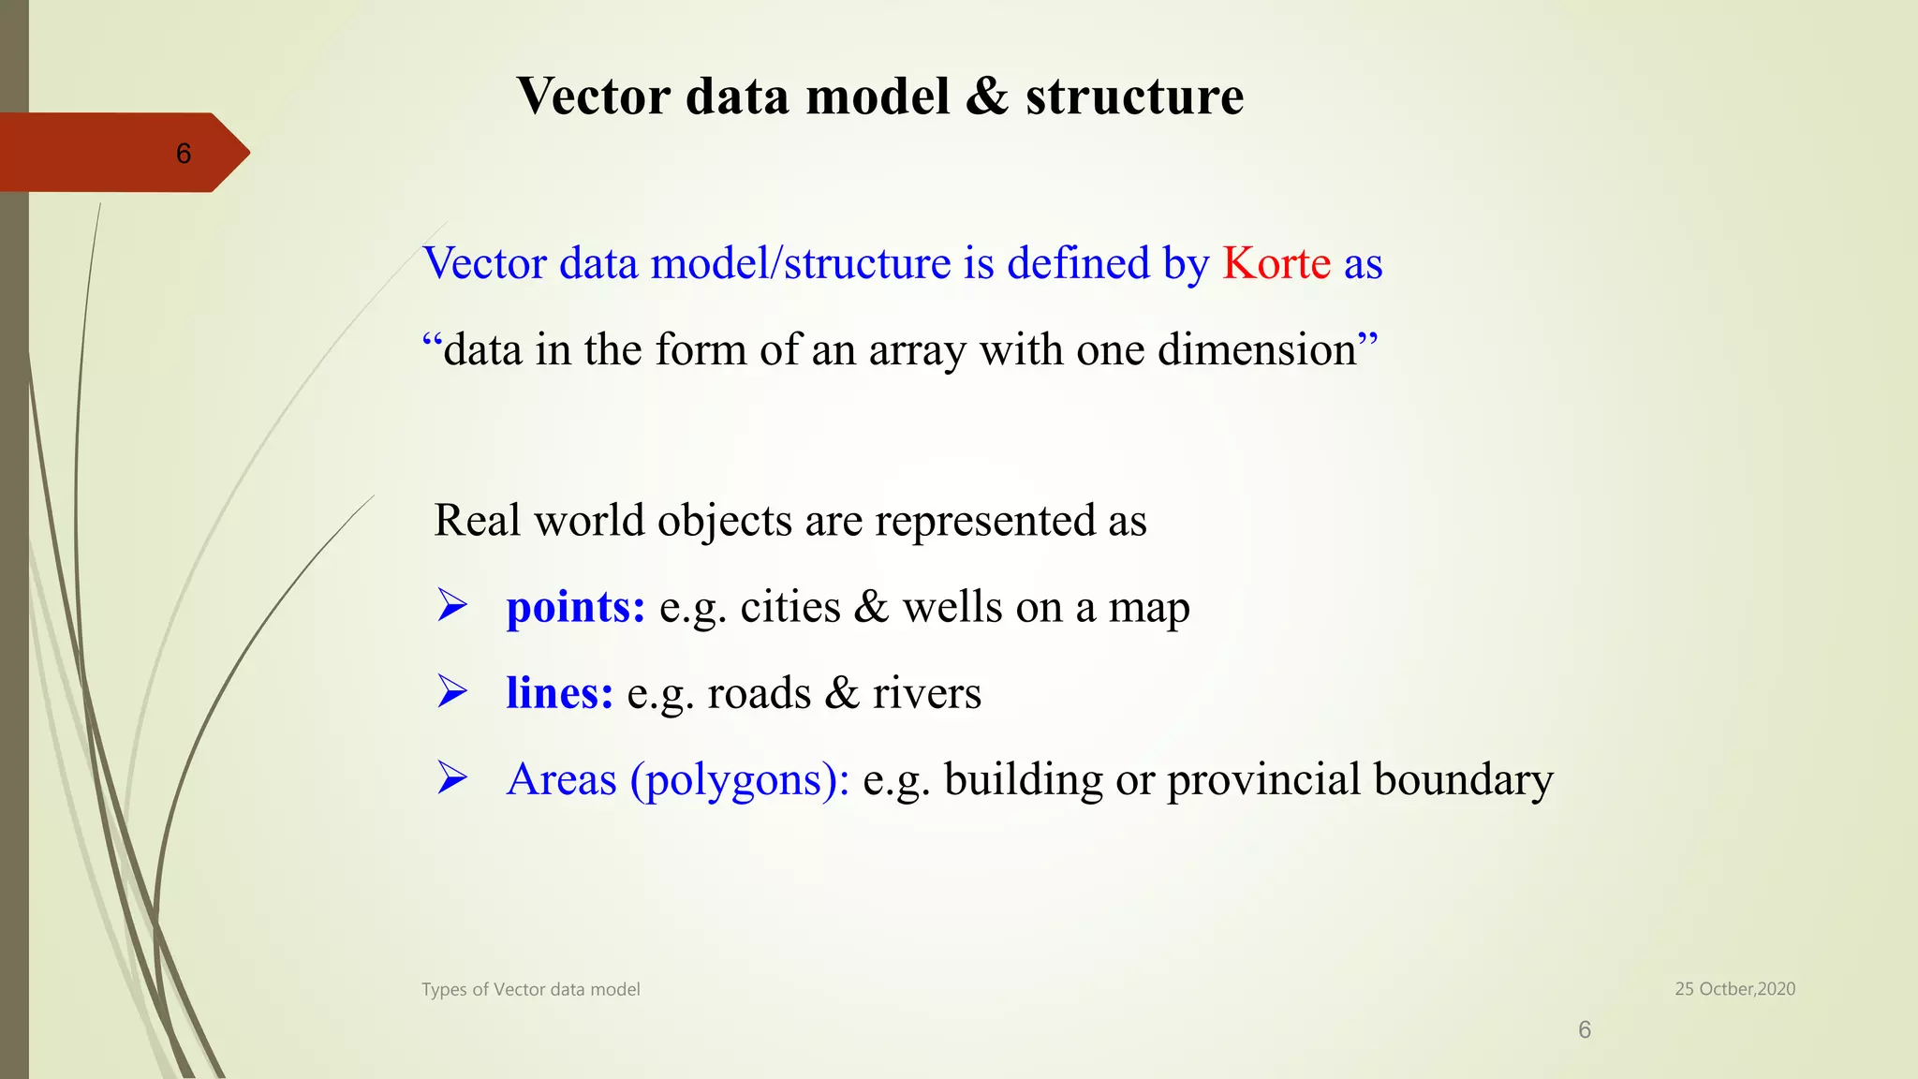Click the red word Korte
(x=1276, y=263)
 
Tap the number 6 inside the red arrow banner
(x=184, y=154)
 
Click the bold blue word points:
(x=575, y=607)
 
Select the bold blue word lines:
(x=559, y=693)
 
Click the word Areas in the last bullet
(x=561, y=779)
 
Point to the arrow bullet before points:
(x=452, y=606)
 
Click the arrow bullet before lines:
(x=452, y=692)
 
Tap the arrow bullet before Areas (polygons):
(x=452, y=778)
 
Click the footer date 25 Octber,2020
(x=1734, y=989)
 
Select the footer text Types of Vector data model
(x=530, y=990)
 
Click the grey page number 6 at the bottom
(x=1585, y=1030)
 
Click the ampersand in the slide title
(x=987, y=96)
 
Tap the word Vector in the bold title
(x=593, y=96)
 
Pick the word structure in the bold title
(x=1134, y=96)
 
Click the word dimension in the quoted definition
(x=1256, y=350)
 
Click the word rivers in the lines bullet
(x=926, y=694)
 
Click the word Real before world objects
(x=477, y=521)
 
